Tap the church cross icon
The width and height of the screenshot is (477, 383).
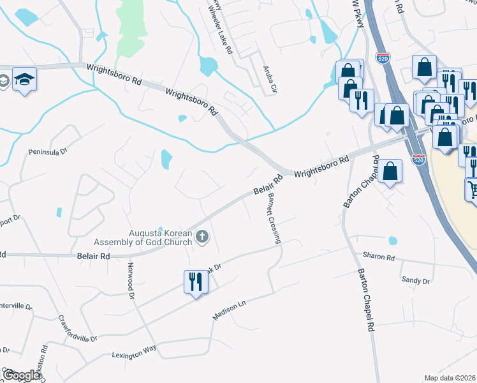202,237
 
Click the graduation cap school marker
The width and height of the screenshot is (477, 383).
24,79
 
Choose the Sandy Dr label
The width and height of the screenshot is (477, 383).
416,280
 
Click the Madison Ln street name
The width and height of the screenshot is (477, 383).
229,312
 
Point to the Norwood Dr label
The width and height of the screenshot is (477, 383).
131,282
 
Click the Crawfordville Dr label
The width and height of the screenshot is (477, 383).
77,328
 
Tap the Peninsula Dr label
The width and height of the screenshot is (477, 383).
47,152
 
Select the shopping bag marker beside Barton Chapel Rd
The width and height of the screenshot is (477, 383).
390,171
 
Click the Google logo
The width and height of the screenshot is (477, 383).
20,375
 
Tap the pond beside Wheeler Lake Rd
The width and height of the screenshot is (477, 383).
208,65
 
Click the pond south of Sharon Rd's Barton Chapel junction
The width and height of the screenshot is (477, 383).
392,241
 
